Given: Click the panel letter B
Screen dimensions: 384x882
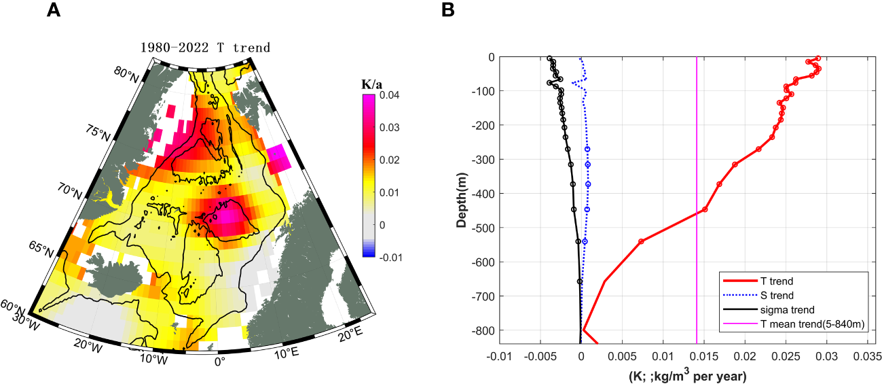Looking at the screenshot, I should click(448, 10).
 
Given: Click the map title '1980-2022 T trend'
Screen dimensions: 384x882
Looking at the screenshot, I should click(205, 48).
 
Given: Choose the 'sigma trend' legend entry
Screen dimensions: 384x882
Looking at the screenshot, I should click(784, 310).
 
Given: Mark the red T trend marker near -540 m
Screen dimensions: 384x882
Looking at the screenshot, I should click(641, 241).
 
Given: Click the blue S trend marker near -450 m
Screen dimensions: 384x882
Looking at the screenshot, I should click(587, 209).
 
